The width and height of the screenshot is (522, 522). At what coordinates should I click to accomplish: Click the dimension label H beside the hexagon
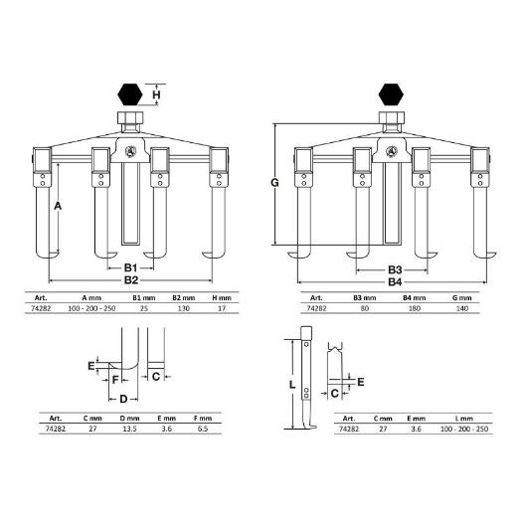[156, 94]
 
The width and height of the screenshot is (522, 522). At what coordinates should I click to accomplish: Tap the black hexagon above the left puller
[130, 94]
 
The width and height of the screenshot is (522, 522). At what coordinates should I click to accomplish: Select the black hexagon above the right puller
[391, 94]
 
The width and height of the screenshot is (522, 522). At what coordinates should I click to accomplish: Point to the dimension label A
[58, 206]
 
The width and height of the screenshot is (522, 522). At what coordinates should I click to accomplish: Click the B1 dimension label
[131, 267]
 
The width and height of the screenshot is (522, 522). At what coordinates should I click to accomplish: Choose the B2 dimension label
[131, 280]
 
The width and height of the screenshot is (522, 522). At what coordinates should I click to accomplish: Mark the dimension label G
[274, 182]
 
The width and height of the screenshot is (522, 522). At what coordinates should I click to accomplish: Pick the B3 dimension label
[395, 269]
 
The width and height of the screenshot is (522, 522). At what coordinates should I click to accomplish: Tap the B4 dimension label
[395, 282]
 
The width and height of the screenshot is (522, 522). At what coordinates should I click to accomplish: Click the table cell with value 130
[183, 308]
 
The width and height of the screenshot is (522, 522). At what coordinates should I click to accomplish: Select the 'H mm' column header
[222, 298]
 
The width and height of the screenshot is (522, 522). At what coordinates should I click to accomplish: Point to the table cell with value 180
[415, 308]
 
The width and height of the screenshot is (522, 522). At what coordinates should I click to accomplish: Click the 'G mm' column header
[462, 298]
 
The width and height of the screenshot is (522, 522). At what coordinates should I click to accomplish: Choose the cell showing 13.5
[129, 429]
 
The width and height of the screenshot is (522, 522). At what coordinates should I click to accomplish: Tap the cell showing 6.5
[203, 429]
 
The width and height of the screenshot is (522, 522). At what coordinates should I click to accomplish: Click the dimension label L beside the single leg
[292, 385]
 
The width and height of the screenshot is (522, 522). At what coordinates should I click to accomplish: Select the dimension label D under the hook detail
[123, 399]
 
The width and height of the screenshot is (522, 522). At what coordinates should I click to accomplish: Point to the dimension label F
[115, 380]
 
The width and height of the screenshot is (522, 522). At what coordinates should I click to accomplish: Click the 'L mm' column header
[464, 419]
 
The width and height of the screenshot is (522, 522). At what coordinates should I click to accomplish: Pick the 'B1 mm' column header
[144, 298]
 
